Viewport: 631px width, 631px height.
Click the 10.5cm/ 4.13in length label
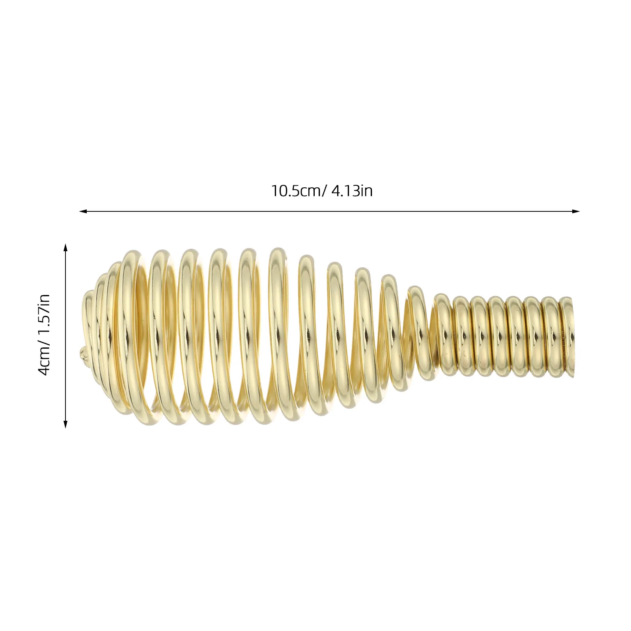pyautogui.click(x=321, y=191)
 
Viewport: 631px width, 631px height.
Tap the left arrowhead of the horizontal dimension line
pyautogui.click(x=83, y=211)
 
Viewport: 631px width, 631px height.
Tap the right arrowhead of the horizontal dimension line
pyautogui.click(x=576, y=211)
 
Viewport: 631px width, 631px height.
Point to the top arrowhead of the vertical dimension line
pyautogui.click(x=65, y=247)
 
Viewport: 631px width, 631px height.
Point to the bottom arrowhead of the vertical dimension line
pyautogui.click(x=65, y=424)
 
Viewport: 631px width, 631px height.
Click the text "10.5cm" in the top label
pyautogui.click(x=296, y=191)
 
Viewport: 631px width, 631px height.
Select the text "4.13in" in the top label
pyautogui.click(x=352, y=191)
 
